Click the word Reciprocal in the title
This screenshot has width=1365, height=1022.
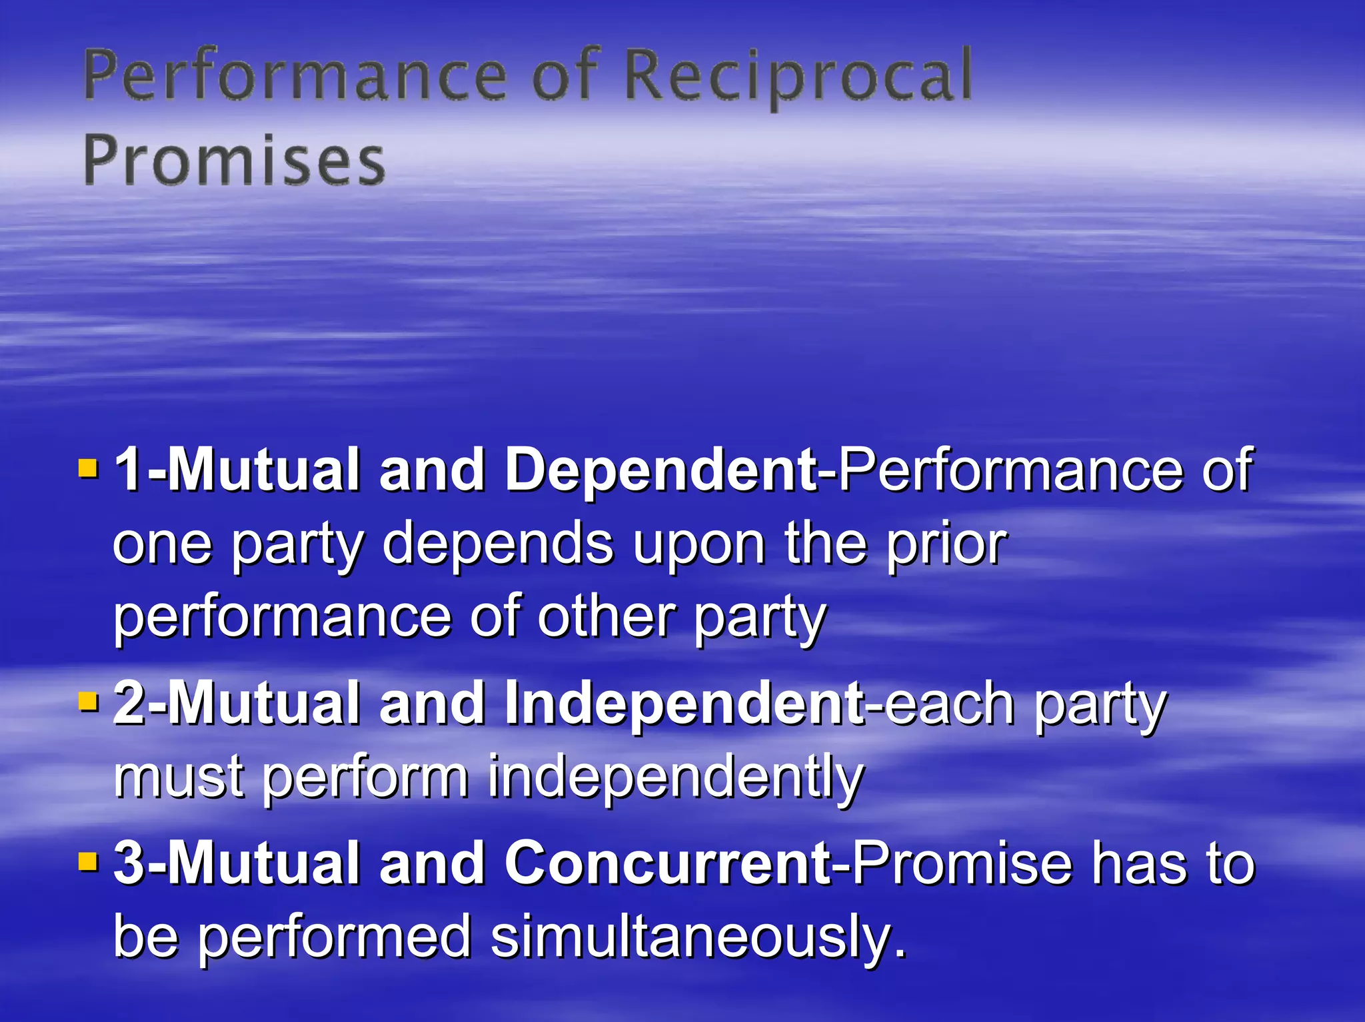[798, 77]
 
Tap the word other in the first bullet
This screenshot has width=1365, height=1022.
[606, 617]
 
